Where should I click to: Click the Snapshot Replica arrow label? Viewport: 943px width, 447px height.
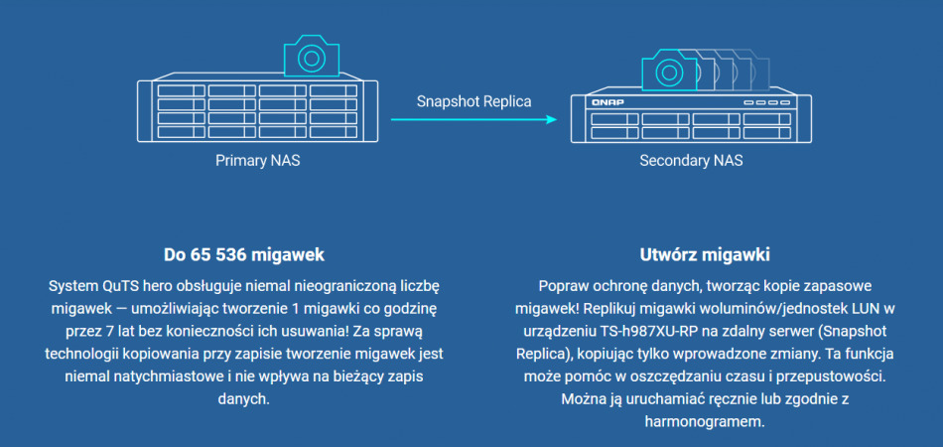(x=473, y=101)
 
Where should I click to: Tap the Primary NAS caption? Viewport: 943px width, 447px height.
(x=258, y=160)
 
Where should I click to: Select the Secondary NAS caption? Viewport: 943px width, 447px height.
(x=691, y=160)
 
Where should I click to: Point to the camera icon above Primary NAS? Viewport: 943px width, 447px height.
(x=312, y=58)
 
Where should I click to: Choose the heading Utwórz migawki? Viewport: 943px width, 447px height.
(x=691, y=253)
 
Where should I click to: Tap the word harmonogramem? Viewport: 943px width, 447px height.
(x=691, y=421)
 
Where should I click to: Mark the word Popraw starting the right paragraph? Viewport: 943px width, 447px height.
(x=562, y=284)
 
